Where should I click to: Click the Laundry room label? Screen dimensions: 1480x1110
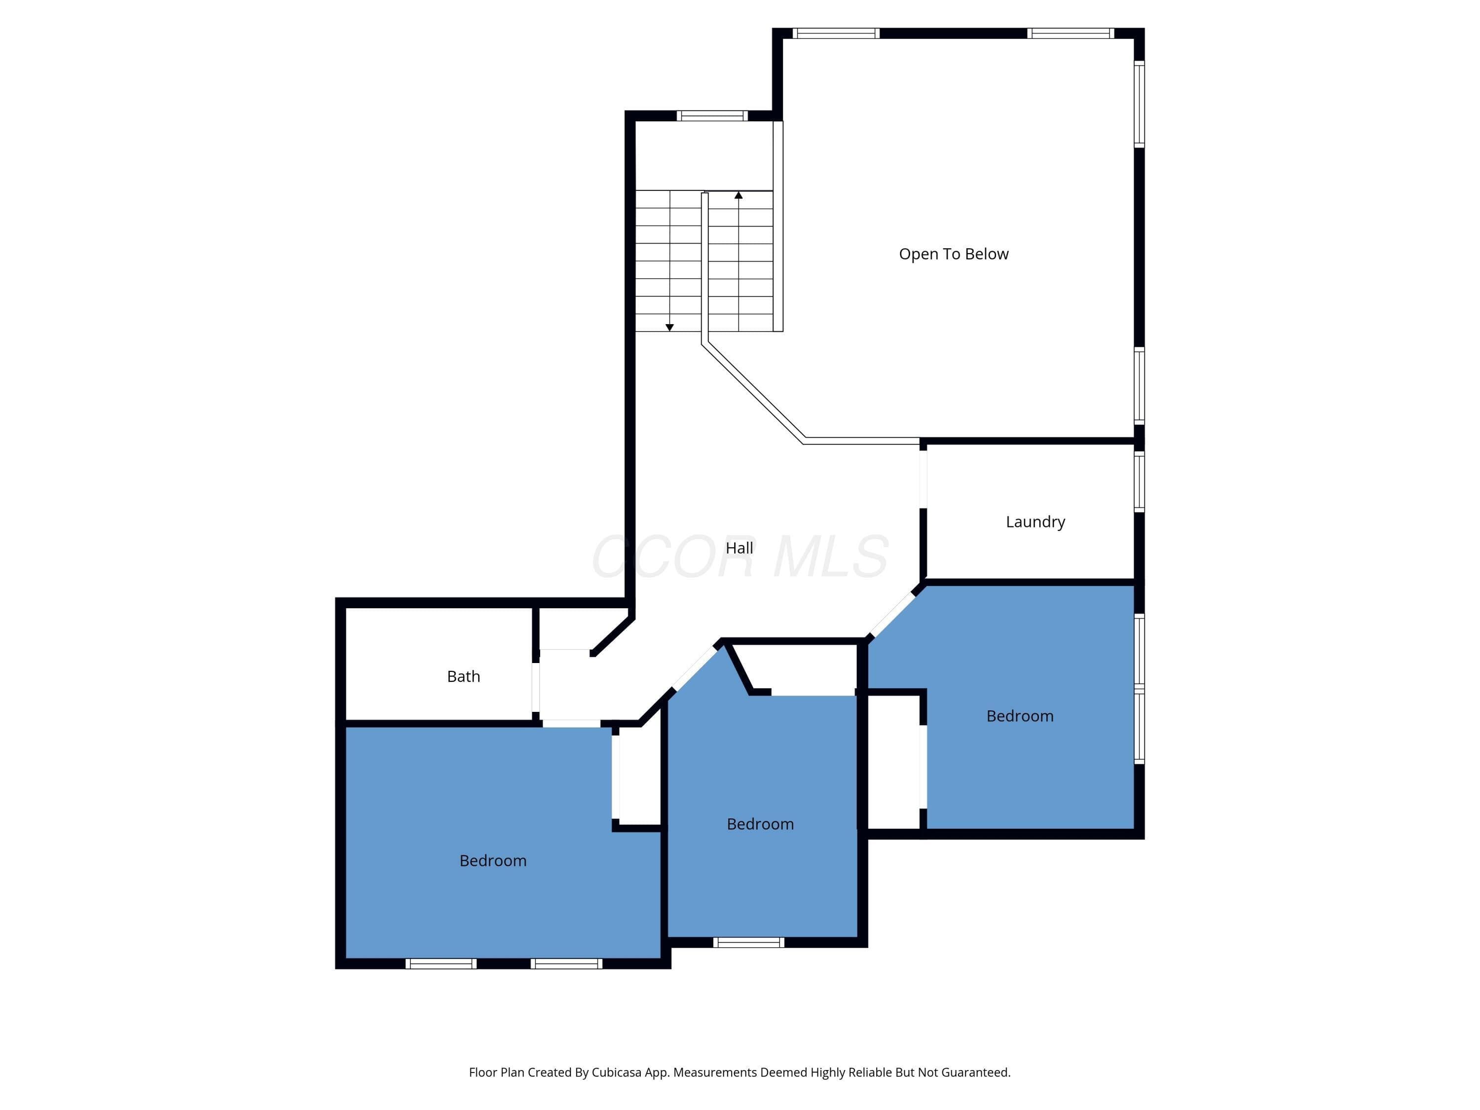tap(1035, 522)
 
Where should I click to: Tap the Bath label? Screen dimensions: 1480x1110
tap(464, 676)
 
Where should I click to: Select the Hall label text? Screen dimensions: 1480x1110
tap(740, 548)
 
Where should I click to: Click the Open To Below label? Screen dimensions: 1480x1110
tap(954, 254)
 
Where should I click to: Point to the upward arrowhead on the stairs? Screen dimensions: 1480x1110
tap(739, 195)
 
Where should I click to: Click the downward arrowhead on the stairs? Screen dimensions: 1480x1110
tap(669, 327)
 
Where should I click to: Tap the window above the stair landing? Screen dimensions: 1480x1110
tap(712, 116)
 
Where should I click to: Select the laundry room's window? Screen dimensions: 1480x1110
tap(1139, 481)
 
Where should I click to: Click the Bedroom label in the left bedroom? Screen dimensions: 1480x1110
tap(493, 860)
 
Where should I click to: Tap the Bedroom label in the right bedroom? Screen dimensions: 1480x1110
tap(1020, 716)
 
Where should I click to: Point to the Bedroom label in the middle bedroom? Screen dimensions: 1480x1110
tap(760, 824)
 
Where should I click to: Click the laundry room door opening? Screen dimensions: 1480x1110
tap(924, 479)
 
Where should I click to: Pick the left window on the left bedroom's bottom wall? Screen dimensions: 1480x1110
tap(441, 963)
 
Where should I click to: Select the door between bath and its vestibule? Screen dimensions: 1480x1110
tap(535, 687)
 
